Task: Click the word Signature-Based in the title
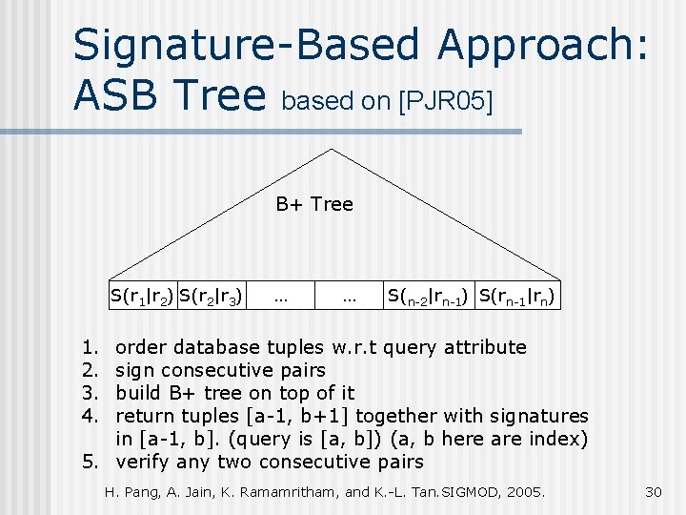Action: pos(247,45)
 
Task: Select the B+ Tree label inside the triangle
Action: pos(314,203)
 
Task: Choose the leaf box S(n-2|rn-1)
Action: pos(426,297)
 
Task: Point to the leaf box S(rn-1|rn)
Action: pos(515,297)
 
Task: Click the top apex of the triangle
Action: pos(331,150)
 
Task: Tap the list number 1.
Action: pos(89,347)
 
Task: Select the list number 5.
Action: pos(89,462)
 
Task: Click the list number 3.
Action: pos(89,393)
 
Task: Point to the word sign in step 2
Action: pos(135,370)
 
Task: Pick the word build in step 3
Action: pos(140,393)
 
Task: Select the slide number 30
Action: pos(653,492)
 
